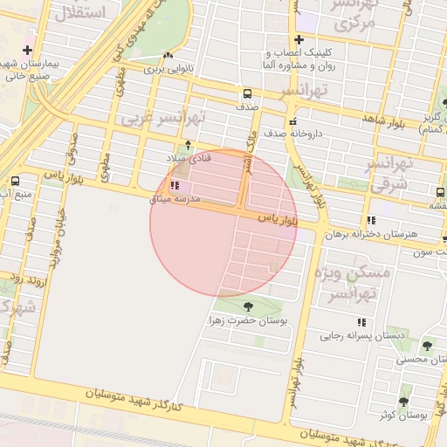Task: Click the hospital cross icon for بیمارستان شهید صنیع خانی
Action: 29,51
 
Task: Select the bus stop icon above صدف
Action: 247,93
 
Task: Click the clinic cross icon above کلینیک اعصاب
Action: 299,39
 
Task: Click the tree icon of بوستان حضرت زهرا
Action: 248,306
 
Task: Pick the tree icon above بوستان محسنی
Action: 427,346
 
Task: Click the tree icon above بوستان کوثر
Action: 403,402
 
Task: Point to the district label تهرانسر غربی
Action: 163,116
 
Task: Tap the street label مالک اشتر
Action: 248,152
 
